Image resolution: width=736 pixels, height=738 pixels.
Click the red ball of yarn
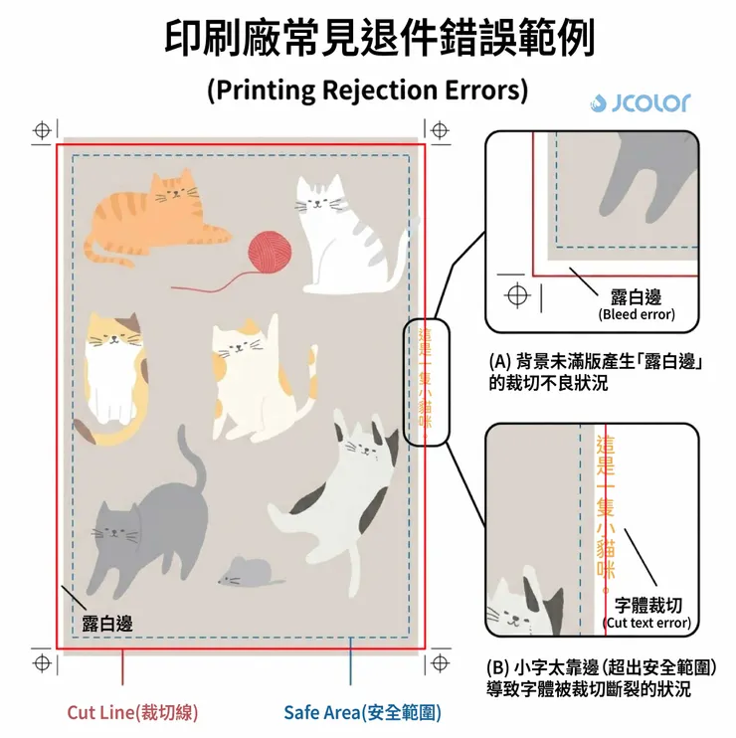tap(270, 252)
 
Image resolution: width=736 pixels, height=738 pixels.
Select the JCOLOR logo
tap(641, 103)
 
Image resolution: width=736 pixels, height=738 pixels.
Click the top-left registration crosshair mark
tap(43, 130)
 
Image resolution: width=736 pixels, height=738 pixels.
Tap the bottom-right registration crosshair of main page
tap(440, 662)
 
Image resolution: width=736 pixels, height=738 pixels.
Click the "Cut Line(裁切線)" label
tap(132, 712)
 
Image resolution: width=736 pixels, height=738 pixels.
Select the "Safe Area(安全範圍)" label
tap(362, 712)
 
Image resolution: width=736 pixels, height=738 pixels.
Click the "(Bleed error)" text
tap(637, 314)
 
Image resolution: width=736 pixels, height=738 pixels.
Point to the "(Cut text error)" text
tap(648, 623)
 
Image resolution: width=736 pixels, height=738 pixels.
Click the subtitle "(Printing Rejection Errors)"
tap(368, 90)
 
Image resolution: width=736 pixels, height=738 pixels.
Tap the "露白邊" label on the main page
tap(107, 624)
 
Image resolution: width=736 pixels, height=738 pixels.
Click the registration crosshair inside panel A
tap(517, 295)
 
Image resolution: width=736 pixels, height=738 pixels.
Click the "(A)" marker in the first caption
tap(499, 362)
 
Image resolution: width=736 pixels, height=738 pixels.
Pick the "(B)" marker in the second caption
tap(498, 667)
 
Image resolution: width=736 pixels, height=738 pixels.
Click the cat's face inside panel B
tap(510, 612)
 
